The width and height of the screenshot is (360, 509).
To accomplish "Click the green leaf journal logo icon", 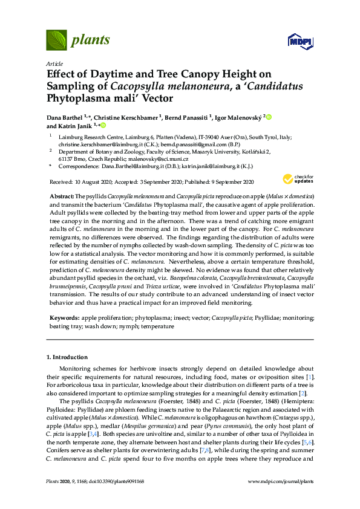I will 56,40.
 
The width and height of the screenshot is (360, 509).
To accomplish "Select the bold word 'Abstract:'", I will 61,197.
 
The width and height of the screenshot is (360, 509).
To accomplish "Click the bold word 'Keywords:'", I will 64,317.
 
